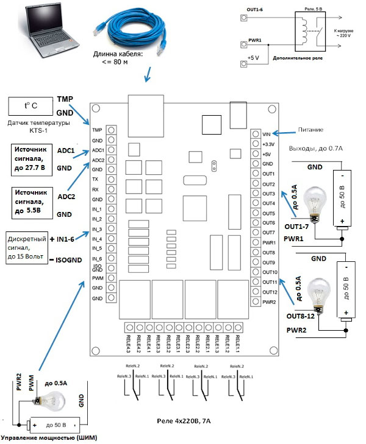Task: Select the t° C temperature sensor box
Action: [x=30, y=105]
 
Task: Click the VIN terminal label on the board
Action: [x=266, y=134]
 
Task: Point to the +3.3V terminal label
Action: [x=268, y=144]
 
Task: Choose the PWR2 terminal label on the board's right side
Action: [x=268, y=302]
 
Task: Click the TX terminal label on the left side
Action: [x=96, y=180]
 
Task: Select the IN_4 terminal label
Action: [x=96, y=239]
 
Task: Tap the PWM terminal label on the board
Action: [x=96, y=278]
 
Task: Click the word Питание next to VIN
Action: [x=310, y=130]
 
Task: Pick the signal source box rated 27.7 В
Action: [x=33, y=158]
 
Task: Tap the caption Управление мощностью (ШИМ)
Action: [x=46, y=438]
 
